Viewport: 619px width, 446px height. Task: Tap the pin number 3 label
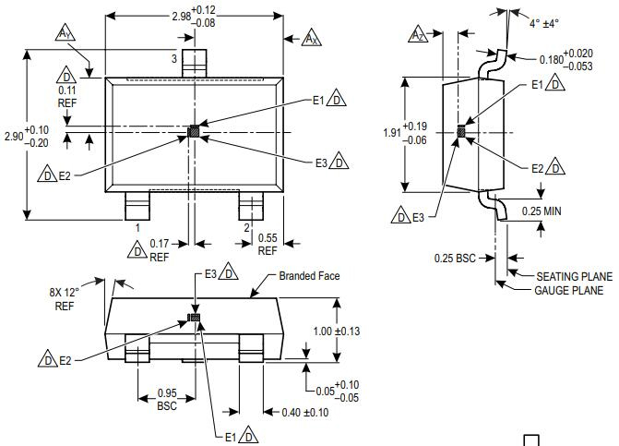(x=173, y=59)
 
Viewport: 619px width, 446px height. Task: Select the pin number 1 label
(x=137, y=227)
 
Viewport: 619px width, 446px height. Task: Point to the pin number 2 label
(x=246, y=227)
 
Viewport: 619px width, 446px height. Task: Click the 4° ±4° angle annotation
(x=543, y=24)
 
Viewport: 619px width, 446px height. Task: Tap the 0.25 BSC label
(x=455, y=257)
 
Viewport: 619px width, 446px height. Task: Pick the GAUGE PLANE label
(x=569, y=290)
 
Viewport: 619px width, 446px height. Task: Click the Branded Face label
(x=311, y=276)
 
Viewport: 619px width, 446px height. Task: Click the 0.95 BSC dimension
(x=167, y=399)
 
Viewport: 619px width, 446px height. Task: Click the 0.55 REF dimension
(x=268, y=244)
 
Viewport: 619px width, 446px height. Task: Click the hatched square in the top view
(x=194, y=132)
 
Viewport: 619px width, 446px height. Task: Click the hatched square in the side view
(x=462, y=132)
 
